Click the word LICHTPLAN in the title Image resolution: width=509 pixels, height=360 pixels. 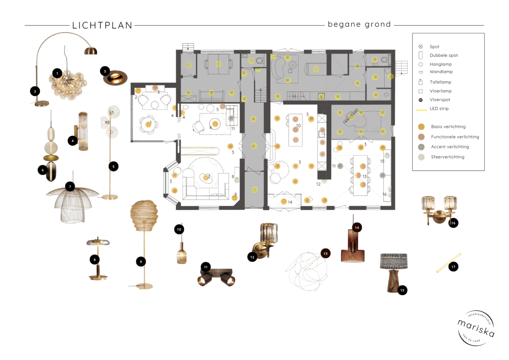tap(102, 25)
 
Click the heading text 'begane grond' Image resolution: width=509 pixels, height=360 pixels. tap(359, 24)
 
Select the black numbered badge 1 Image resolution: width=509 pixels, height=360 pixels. tap(56, 73)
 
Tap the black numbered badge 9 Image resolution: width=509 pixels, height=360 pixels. tap(141, 262)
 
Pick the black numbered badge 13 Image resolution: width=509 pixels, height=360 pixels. tap(325, 253)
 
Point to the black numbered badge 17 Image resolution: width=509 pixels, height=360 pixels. tap(453, 267)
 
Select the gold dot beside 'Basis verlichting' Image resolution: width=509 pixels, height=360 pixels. tap(421, 127)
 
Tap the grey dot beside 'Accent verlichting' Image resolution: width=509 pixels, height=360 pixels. tap(421, 147)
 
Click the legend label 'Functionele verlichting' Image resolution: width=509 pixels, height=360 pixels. tap(455, 137)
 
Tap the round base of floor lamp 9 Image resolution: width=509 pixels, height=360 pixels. tap(145, 286)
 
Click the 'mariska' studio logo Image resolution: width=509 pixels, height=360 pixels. tap(475, 328)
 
